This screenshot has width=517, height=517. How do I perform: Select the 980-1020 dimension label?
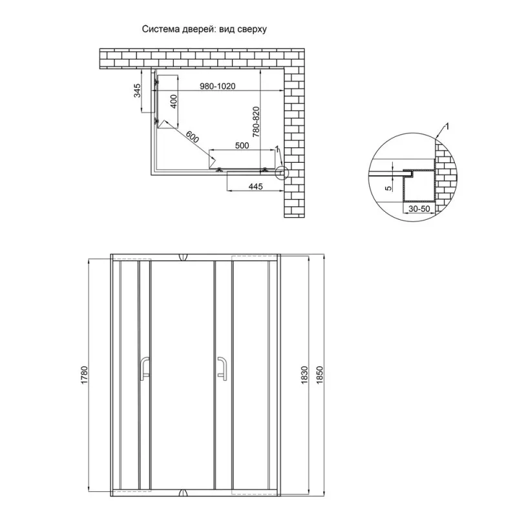[x=218, y=86]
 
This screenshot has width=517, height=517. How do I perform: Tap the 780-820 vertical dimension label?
[x=256, y=121]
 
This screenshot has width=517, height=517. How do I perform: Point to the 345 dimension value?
[x=137, y=90]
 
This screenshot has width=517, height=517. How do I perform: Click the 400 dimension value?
[x=173, y=101]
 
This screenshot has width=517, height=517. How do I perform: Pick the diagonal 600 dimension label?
[x=192, y=137]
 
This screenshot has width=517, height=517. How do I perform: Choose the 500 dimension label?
[x=242, y=145]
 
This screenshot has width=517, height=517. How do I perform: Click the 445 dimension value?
[x=255, y=187]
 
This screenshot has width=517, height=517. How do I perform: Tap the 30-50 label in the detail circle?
[x=419, y=209]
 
